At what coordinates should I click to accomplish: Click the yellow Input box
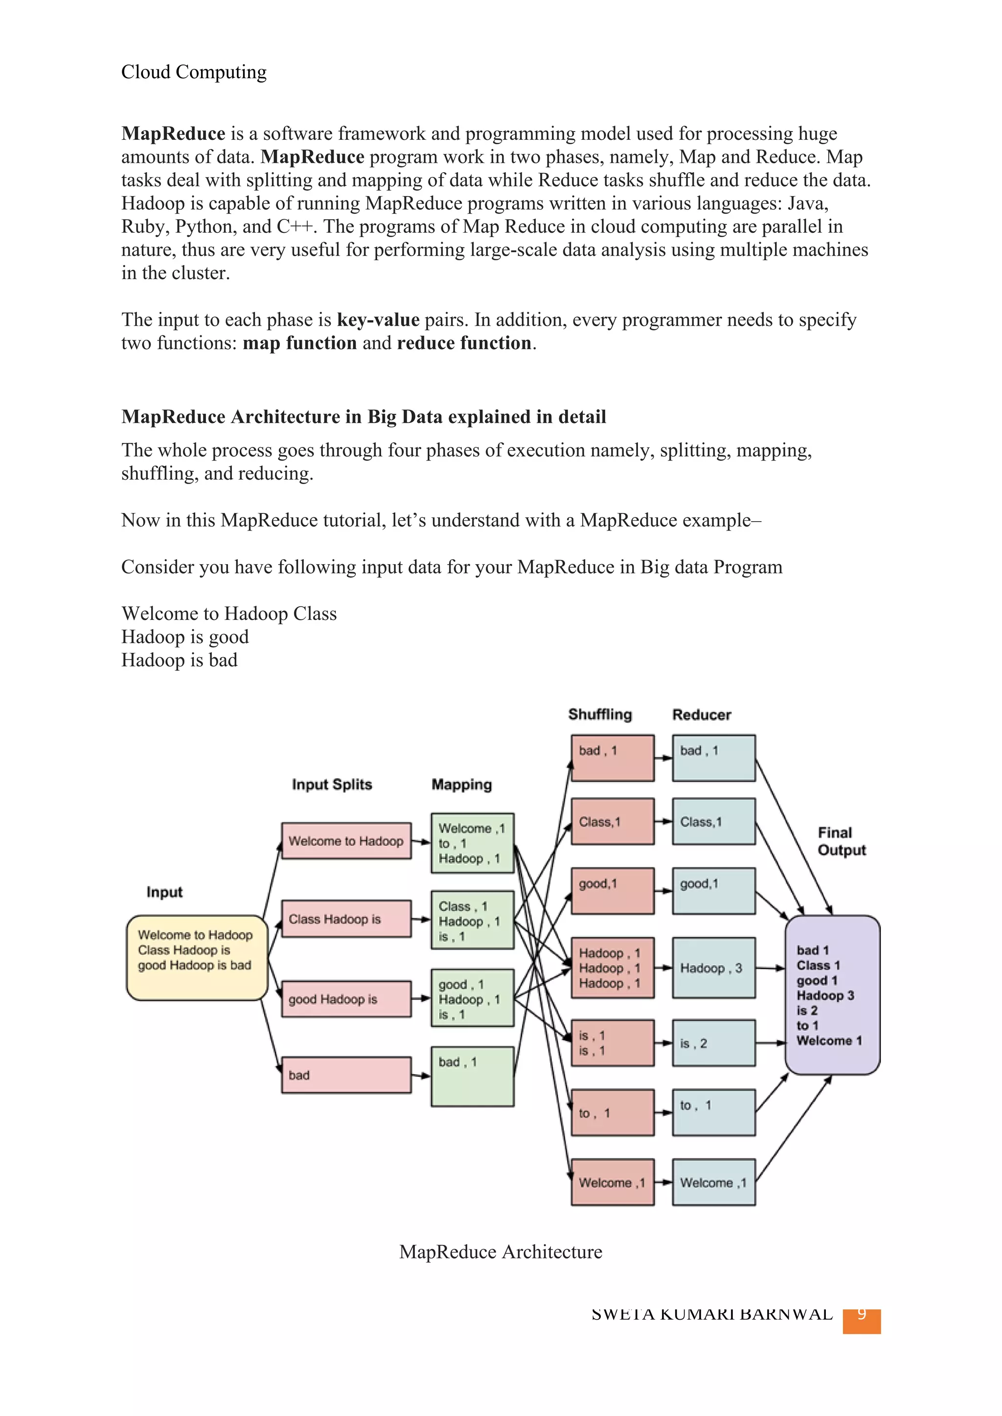click(x=196, y=957)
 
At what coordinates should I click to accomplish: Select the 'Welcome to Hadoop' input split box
click(x=346, y=841)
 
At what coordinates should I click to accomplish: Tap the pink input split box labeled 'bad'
click(x=346, y=1075)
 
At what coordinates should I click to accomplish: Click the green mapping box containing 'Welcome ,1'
click(x=472, y=842)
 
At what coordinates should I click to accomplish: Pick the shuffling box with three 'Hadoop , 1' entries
click(x=612, y=968)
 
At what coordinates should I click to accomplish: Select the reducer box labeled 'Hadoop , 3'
click(x=713, y=968)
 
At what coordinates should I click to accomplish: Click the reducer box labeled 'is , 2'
click(x=713, y=1043)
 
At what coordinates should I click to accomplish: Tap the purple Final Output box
click(x=832, y=994)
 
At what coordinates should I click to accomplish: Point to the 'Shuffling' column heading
click(x=600, y=714)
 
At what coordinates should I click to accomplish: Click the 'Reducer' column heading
click(x=702, y=714)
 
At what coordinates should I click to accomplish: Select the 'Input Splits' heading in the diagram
click(x=332, y=784)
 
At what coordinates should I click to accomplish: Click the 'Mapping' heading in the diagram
click(x=461, y=784)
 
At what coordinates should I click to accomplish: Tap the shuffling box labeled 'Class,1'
click(x=612, y=821)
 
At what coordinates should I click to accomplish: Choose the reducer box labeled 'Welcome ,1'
click(x=713, y=1182)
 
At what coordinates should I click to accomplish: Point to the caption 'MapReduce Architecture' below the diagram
click(x=501, y=1251)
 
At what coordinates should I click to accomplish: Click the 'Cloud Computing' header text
click(x=194, y=72)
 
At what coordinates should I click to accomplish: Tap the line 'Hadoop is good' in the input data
click(x=184, y=637)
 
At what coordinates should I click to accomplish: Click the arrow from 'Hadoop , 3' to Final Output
click(x=770, y=968)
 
